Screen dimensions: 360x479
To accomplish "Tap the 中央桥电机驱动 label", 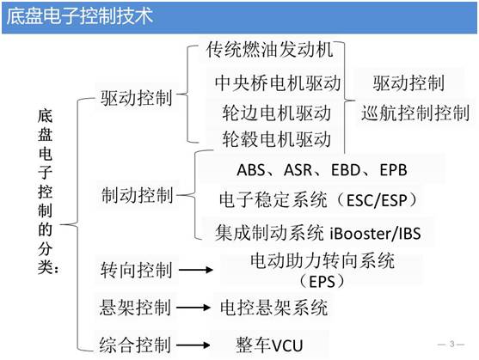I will [x=278, y=83].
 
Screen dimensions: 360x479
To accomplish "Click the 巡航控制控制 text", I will [x=415, y=113].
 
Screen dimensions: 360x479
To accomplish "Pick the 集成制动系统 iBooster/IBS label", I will [x=322, y=232].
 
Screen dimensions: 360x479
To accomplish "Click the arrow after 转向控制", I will [x=197, y=272].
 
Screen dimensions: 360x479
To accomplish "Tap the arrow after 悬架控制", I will [x=197, y=308].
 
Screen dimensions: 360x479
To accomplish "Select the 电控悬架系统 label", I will [x=273, y=307].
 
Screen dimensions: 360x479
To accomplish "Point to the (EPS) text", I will [x=322, y=280].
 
